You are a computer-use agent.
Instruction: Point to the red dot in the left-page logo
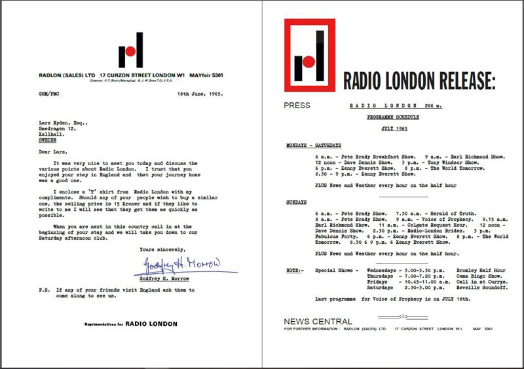[x=130, y=50]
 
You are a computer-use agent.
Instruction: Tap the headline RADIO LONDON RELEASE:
[x=419, y=81]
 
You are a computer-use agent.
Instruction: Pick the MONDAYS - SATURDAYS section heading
[x=313, y=145]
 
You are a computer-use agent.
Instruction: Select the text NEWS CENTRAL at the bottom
[x=318, y=321]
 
